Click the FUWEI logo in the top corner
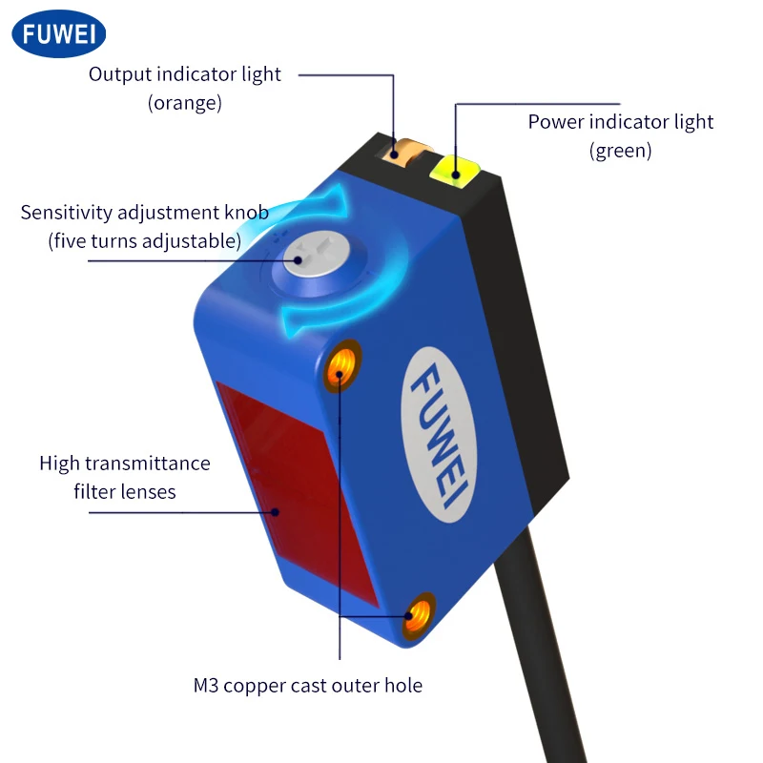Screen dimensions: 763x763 point(58,34)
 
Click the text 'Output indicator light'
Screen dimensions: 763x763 point(185,74)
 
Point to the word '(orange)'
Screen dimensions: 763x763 point(185,103)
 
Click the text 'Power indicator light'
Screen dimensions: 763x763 point(621,122)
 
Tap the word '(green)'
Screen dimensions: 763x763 point(621,151)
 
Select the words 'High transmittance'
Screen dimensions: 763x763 point(125,464)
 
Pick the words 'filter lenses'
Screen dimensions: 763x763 point(125,492)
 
